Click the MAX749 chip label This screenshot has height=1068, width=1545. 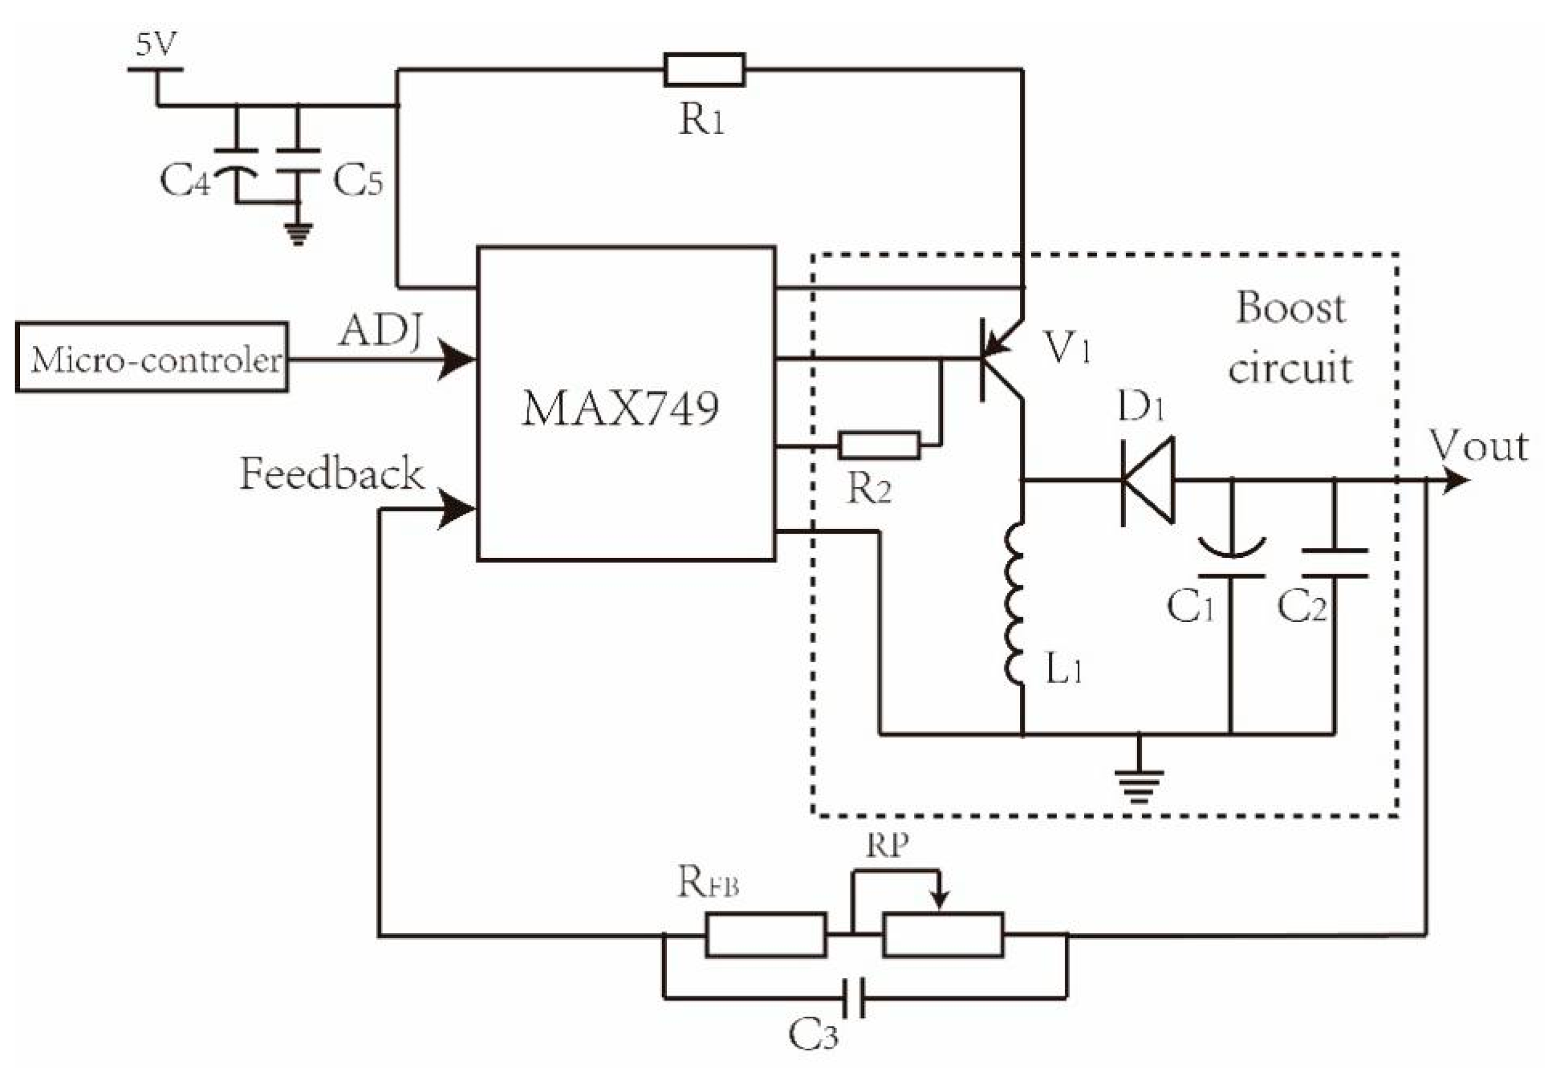coord(620,408)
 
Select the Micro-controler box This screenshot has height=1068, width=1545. coord(152,357)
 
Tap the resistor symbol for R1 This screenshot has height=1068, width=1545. coord(704,69)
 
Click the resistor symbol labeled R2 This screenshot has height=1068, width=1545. coord(879,445)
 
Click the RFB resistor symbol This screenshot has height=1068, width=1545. coord(766,935)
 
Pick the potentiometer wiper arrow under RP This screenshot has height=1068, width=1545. coord(941,897)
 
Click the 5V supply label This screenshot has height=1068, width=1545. coord(156,45)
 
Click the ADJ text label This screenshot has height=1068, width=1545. coord(380,331)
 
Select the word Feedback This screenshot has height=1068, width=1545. coord(331,473)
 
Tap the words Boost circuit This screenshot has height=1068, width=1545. coord(1290,337)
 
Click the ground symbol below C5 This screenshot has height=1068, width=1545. coord(298,234)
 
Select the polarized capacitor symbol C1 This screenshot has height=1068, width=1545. coord(1230,560)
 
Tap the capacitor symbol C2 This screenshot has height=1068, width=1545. coord(1334,563)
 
